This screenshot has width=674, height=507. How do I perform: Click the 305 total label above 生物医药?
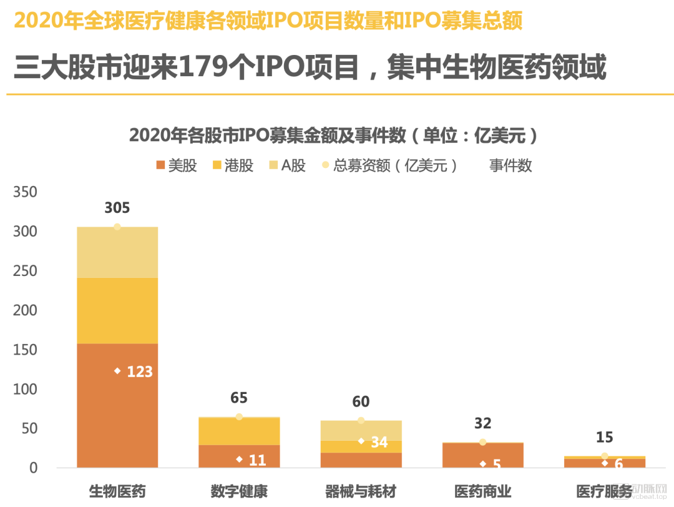pos(117,208)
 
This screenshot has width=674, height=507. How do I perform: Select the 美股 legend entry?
pos(177,165)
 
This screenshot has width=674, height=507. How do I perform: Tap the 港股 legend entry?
pos(233,165)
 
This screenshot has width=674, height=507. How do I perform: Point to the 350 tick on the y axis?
pos(25,192)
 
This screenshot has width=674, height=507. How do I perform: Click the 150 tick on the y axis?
pos(25,350)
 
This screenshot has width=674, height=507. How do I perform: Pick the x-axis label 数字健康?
pos(239,491)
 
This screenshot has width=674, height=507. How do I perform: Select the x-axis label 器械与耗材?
pos(361,491)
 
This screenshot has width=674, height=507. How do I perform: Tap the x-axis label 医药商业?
pos(482,491)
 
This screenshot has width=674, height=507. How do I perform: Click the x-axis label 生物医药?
pos(117,491)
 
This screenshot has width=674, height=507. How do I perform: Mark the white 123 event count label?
pos(139,372)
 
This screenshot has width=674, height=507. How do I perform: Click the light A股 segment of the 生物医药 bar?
pos(117,252)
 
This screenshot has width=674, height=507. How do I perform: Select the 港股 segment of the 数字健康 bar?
pos(239,431)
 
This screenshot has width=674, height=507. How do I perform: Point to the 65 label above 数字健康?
pos(239,398)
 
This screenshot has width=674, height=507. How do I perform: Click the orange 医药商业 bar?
pos(482,455)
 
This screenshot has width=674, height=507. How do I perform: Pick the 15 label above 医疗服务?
pos(604,437)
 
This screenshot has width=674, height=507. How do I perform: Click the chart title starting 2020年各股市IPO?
pos(333,135)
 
